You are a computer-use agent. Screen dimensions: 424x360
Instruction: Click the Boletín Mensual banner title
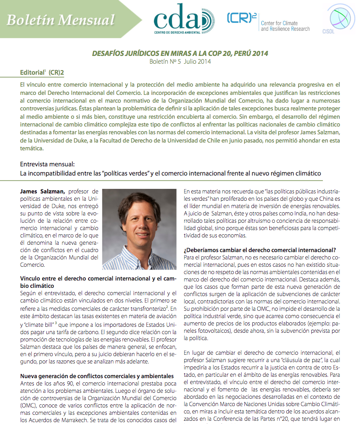coord(61,20)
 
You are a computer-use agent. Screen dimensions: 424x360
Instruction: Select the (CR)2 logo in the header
coord(241,18)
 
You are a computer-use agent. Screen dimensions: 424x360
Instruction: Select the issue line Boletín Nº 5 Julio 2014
coord(180,62)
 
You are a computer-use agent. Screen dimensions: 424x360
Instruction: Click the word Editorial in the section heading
coord(32,73)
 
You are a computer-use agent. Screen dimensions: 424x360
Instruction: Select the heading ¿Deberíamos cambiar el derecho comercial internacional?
coord(260,250)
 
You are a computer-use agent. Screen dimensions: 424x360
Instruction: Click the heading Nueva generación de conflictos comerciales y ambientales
coord(97,376)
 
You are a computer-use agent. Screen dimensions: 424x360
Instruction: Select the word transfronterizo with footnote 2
coord(145,309)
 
